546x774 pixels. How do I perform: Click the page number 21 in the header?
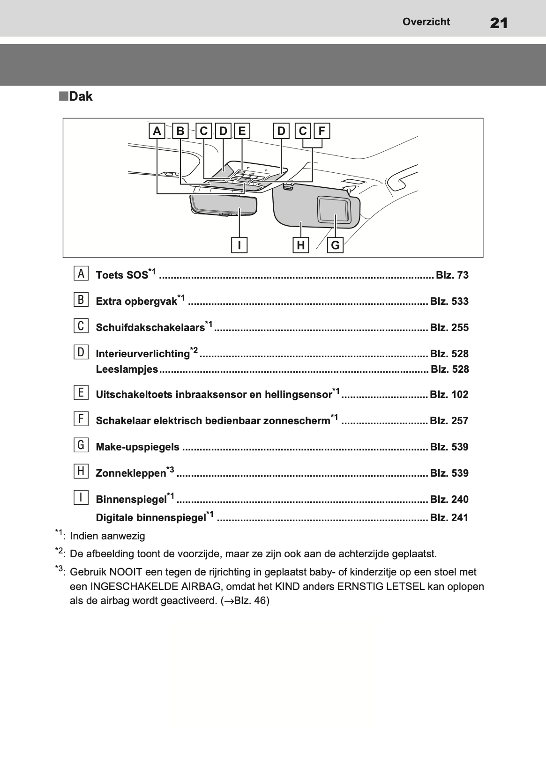498,22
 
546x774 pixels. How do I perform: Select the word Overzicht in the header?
426,22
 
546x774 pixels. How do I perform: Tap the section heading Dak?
80,97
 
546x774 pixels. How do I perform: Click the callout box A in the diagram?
157,131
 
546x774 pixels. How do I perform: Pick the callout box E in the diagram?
242,131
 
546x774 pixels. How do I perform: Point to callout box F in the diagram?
322,131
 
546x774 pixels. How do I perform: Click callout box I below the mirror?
239,245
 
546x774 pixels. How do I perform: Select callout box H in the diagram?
301,245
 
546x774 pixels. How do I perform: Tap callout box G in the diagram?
336,245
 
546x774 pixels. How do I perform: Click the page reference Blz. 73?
452,275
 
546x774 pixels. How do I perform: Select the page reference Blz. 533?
449,302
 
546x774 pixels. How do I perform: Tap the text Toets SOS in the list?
122,275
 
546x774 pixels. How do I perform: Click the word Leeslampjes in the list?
127,369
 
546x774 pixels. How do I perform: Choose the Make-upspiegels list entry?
137,447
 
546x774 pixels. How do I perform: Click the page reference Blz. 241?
449,518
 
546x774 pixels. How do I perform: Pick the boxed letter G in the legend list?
81,445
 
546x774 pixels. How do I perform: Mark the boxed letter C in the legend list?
81,325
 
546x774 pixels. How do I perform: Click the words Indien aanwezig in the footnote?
107,536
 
